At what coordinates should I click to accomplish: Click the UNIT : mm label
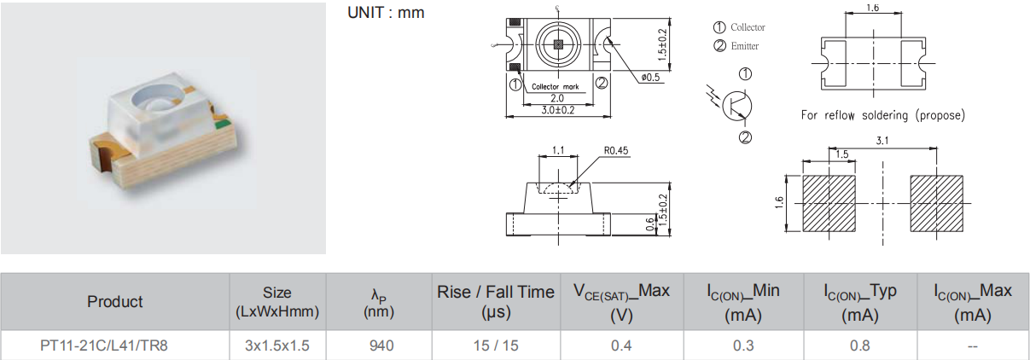[x=386, y=14]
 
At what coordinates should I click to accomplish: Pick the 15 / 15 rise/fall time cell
[x=495, y=345]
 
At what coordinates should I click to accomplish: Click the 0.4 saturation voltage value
[x=620, y=345]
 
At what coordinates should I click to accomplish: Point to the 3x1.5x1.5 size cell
[x=276, y=345]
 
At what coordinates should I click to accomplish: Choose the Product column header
[x=115, y=301]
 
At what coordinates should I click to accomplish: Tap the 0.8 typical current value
[x=859, y=345]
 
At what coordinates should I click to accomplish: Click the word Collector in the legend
[x=748, y=27]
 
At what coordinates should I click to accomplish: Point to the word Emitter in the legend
[x=744, y=46]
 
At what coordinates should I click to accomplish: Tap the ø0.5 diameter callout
[x=650, y=78]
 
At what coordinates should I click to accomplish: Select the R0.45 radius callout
[x=615, y=151]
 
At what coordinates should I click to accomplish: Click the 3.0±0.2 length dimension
[x=557, y=110]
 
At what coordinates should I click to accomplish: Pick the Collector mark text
[x=555, y=87]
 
